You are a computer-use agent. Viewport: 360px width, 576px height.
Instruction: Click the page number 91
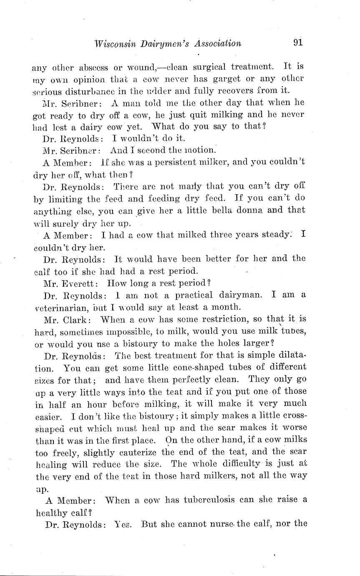[297, 43]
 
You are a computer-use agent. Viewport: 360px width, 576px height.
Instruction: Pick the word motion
[200, 149]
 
